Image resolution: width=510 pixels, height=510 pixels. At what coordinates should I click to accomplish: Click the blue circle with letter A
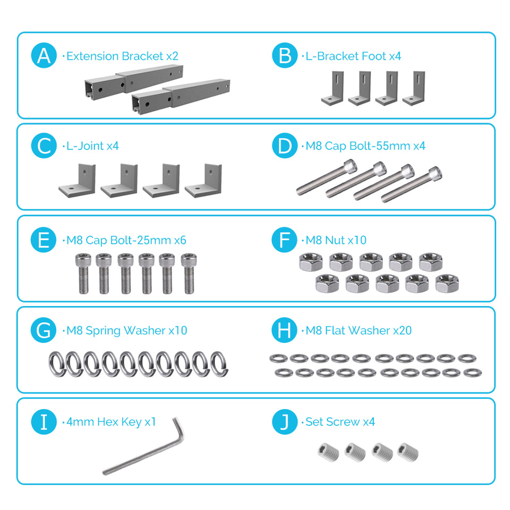coord(44,56)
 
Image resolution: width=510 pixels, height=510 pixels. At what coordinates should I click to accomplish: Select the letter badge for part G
coord(44,330)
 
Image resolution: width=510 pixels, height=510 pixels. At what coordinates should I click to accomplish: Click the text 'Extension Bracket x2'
coord(122,56)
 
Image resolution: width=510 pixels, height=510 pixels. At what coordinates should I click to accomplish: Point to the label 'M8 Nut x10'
coord(336,240)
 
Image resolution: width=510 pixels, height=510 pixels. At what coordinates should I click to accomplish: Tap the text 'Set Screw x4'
coord(340,422)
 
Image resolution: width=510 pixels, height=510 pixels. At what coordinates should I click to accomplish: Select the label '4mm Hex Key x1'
coord(110,422)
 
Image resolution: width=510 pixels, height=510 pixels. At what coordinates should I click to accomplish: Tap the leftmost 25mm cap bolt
coord(81,273)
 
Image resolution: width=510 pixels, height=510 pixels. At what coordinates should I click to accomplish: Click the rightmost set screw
coord(408,452)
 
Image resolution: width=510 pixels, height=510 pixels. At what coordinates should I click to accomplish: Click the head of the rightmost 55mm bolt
coord(435,173)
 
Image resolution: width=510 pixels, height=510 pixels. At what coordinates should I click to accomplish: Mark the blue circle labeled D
coord(285,146)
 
